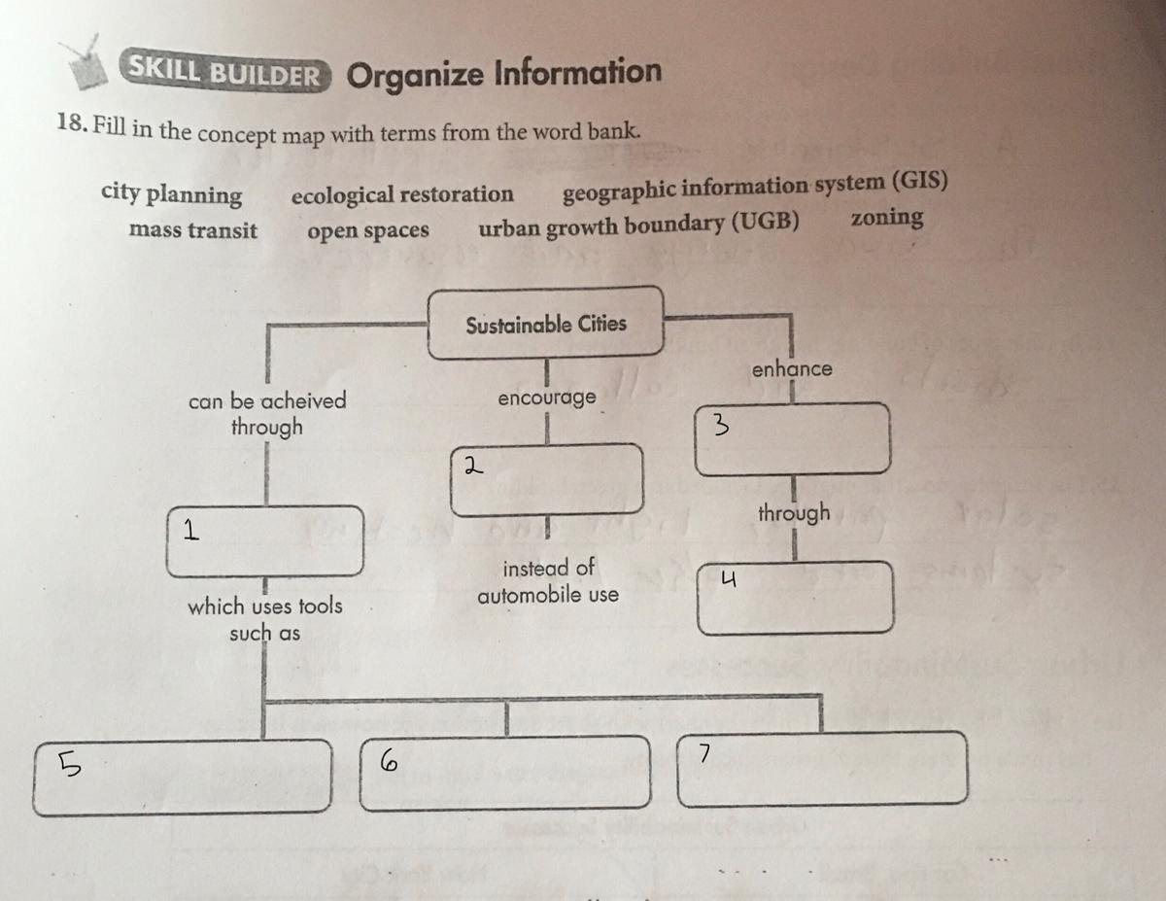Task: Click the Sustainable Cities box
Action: (546, 324)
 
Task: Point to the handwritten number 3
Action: (720, 424)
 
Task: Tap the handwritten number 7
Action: (704, 753)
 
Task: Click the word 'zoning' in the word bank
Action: (886, 218)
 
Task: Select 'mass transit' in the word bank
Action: (193, 231)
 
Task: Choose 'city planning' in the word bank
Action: (172, 194)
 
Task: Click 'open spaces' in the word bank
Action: (368, 231)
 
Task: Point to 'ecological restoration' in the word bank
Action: (402, 194)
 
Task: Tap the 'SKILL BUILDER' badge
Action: (224, 70)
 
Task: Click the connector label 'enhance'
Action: (792, 369)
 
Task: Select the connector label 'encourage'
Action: (546, 399)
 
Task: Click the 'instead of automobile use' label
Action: (548, 580)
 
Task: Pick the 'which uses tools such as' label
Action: (264, 619)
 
